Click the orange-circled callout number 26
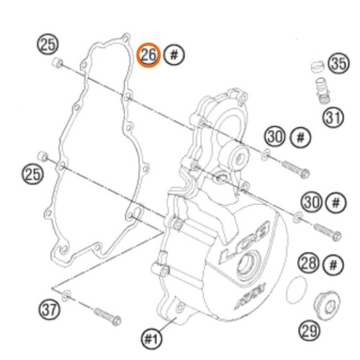point(148,55)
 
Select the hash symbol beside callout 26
point(174,55)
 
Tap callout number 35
point(339,64)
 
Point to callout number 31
point(333,117)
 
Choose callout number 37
point(49,310)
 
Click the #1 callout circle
point(152,339)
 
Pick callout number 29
point(310,331)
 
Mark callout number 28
point(309,264)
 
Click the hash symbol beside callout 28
point(333,265)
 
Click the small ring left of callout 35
point(318,66)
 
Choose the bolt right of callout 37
point(107,316)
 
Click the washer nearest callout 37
point(66,296)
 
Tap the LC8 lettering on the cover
point(245,243)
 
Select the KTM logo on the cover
point(250,296)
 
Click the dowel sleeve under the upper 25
point(57,63)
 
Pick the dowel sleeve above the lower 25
point(42,156)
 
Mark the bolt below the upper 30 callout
point(295,169)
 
